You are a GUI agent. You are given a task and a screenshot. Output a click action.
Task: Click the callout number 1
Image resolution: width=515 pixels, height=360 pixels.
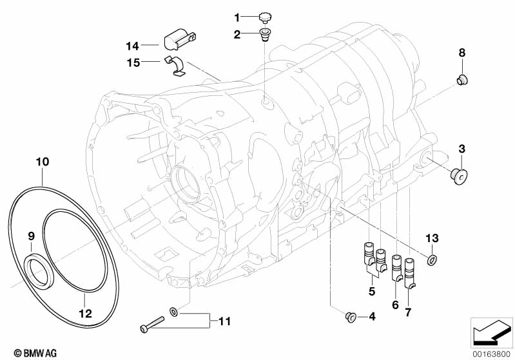(x=237, y=17)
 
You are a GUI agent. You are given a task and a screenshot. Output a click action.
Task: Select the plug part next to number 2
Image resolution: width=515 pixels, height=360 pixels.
(x=265, y=33)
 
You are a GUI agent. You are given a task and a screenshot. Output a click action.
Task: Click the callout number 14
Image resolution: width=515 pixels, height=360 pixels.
(x=132, y=45)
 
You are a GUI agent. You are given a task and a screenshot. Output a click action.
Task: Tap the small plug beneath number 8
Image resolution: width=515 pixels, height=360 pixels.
(x=462, y=80)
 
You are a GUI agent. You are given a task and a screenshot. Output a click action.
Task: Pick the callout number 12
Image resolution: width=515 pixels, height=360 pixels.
(x=84, y=314)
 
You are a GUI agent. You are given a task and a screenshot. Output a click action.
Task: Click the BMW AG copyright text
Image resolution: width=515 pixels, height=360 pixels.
(x=27, y=352)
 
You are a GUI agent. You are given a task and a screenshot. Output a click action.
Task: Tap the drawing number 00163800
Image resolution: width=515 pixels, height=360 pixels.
(x=492, y=353)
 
